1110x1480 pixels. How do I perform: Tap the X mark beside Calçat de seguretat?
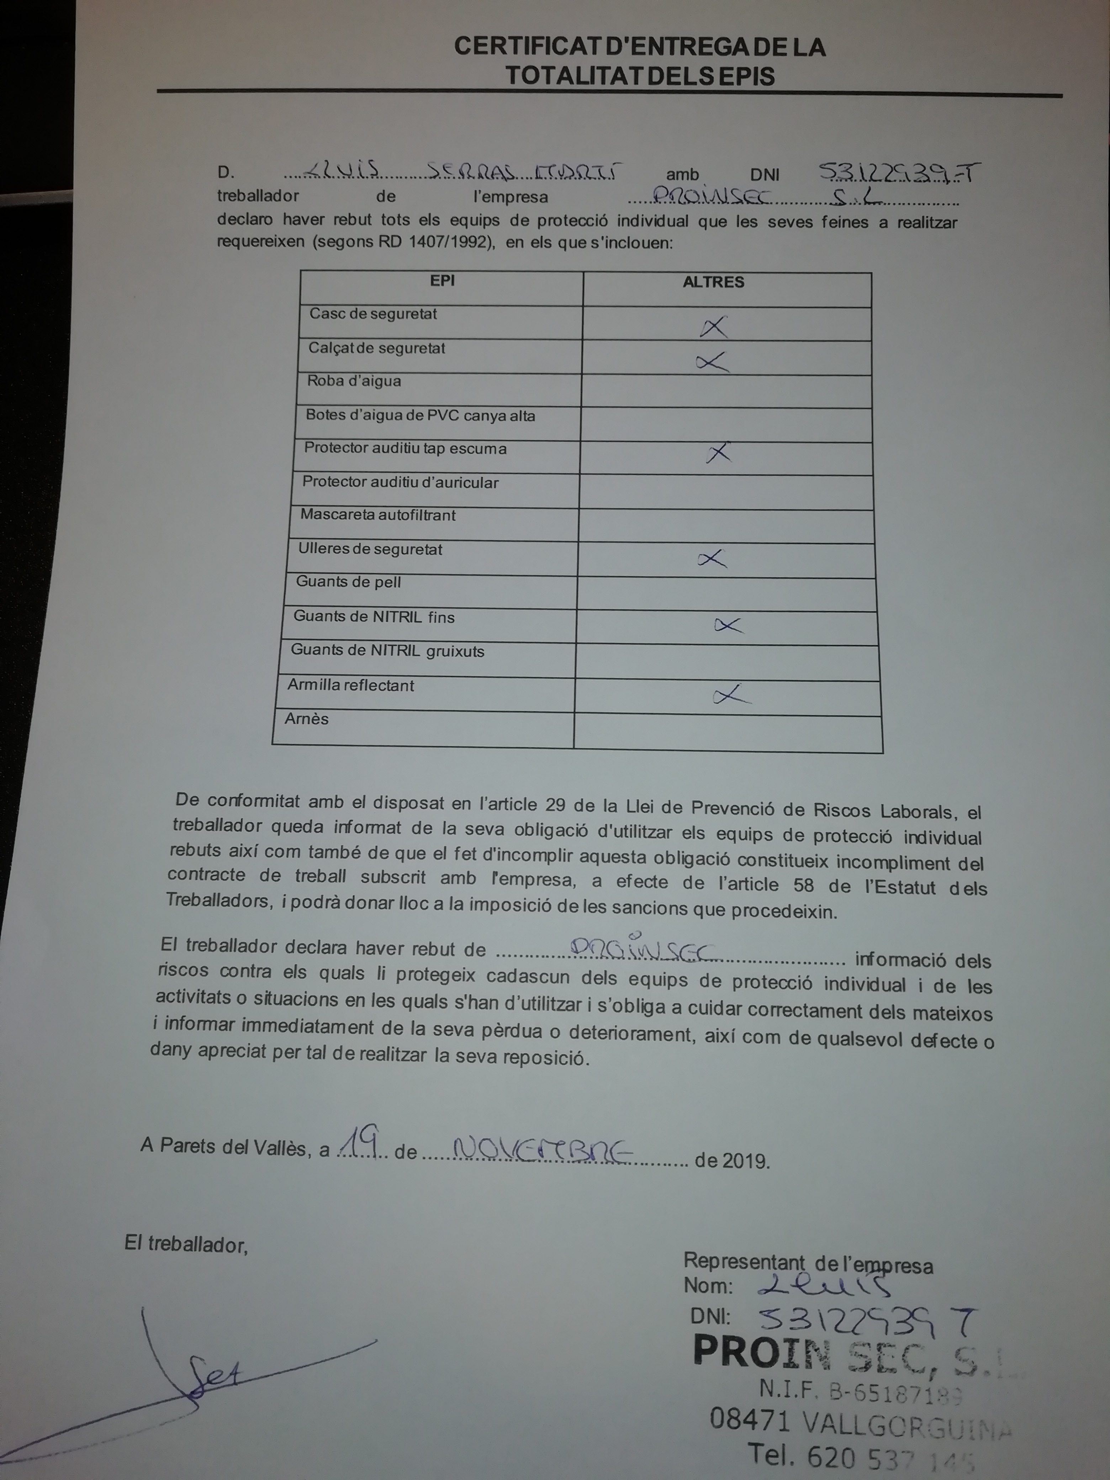point(712,362)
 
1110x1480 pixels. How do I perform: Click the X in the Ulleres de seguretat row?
point(712,559)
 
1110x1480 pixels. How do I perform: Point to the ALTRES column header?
point(713,282)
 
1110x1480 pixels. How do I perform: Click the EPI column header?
point(442,280)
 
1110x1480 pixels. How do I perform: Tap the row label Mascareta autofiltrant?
point(378,515)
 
